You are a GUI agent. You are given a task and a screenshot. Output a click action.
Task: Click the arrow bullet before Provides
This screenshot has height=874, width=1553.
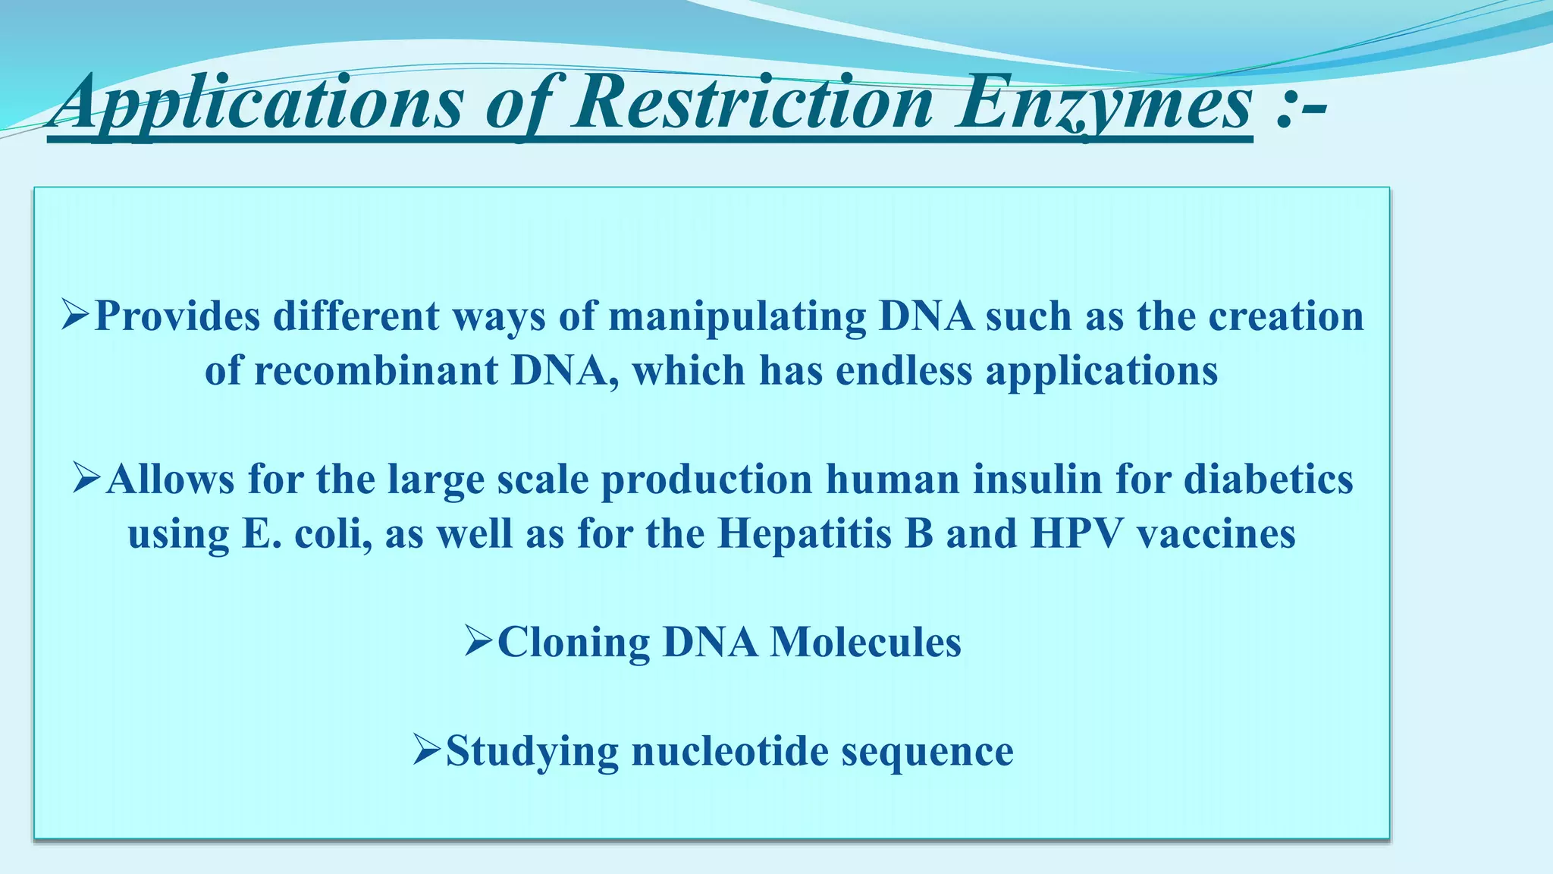point(76,315)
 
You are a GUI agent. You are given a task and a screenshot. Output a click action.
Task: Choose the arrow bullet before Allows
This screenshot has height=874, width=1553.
point(87,479)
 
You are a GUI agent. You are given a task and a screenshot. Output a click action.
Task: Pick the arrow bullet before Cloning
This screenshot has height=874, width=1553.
point(479,642)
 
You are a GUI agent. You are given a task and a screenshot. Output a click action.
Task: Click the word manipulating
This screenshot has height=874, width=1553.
point(737,316)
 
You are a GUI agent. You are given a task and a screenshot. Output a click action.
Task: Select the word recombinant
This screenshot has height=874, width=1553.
point(375,371)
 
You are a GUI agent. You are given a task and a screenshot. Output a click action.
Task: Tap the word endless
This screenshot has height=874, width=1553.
point(903,371)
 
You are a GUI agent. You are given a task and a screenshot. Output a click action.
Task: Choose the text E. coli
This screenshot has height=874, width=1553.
point(307,534)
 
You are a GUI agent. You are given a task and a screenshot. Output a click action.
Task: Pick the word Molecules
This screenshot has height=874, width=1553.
point(865,643)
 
